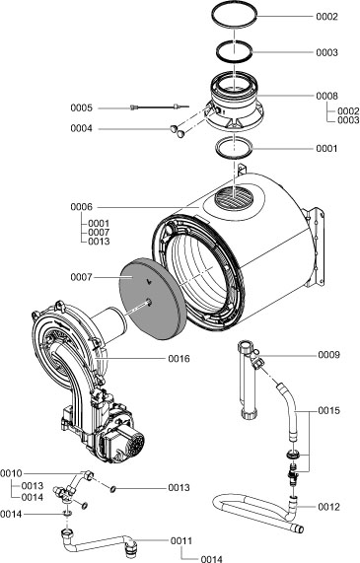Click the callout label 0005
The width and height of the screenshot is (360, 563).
click(81, 106)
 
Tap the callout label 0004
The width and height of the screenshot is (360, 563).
click(81, 127)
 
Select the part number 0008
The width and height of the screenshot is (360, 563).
click(326, 96)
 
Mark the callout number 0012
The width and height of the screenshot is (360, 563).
click(329, 507)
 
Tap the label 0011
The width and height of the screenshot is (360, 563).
click(180, 540)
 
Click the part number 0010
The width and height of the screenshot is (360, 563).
click(12, 474)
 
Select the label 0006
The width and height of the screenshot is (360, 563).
click(81, 207)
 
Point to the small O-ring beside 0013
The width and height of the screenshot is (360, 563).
click(115, 487)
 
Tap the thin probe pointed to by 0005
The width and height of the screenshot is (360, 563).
click(148, 107)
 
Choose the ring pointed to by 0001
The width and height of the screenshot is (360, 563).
click(235, 149)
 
